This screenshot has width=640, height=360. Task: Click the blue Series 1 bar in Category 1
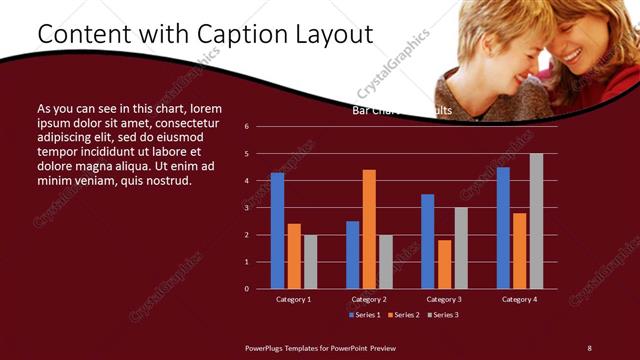point(277,231)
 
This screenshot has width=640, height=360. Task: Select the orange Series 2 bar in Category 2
point(369,229)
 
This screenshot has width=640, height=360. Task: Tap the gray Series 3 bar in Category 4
point(536,221)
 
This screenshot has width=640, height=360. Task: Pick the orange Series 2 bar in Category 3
point(444,264)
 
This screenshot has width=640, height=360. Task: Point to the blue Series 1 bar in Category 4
point(503,228)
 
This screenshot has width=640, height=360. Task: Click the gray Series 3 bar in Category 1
point(310,262)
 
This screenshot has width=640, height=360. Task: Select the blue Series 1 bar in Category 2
point(352,255)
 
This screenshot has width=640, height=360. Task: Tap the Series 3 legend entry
point(443,315)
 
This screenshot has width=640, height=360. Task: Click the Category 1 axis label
point(293,299)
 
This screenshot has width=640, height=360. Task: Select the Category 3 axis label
point(444,299)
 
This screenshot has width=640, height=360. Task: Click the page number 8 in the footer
point(589,347)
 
